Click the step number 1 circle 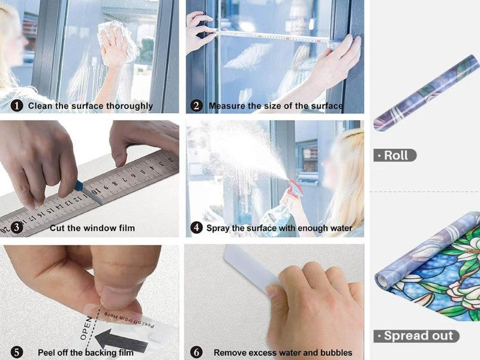pyautogui.click(x=17, y=106)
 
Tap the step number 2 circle pyautogui.click(x=196, y=106)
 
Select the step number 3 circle pyautogui.click(x=17, y=228)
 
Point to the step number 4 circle pyautogui.click(x=196, y=228)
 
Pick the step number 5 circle pyautogui.click(x=17, y=352)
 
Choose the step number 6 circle pyautogui.click(x=196, y=352)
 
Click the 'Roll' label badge pyautogui.click(x=395, y=155)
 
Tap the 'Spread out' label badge pyautogui.click(x=416, y=336)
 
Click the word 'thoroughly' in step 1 pyautogui.click(x=130, y=106)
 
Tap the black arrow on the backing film pyautogui.click(x=122, y=340)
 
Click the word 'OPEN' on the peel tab pyautogui.click(x=86, y=328)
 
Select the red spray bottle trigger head pyautogui.click(x=295, y=188)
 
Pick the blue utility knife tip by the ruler pyautogui.click(x=79, y=186)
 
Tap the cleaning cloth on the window pyautogui.click(x=119, y=40)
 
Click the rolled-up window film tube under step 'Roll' pyautogui.click(x=427, y=93)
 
